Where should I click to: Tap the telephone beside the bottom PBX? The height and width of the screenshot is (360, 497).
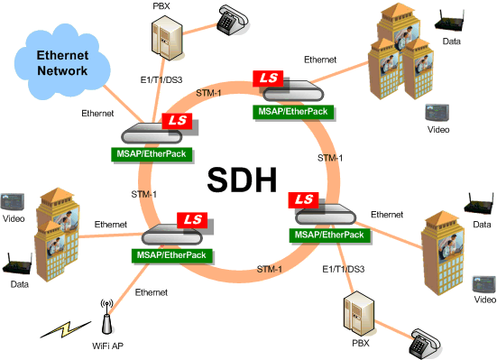424,342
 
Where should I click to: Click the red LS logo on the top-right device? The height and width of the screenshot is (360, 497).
268,79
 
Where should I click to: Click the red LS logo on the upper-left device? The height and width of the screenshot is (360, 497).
173,121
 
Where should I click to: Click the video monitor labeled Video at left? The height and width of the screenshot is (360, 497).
12,200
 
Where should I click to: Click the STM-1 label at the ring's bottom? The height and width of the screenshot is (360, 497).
272,269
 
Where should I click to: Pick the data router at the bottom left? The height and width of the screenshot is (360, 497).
14,265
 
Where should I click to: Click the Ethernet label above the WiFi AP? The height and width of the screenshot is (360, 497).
151,291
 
